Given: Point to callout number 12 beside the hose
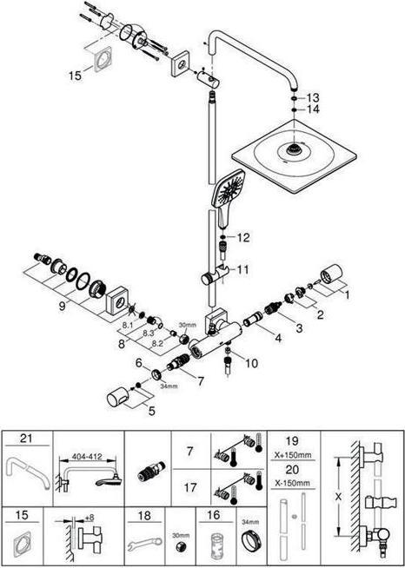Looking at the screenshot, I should tap(243, 237).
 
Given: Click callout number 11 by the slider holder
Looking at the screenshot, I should tap(242, 269).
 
